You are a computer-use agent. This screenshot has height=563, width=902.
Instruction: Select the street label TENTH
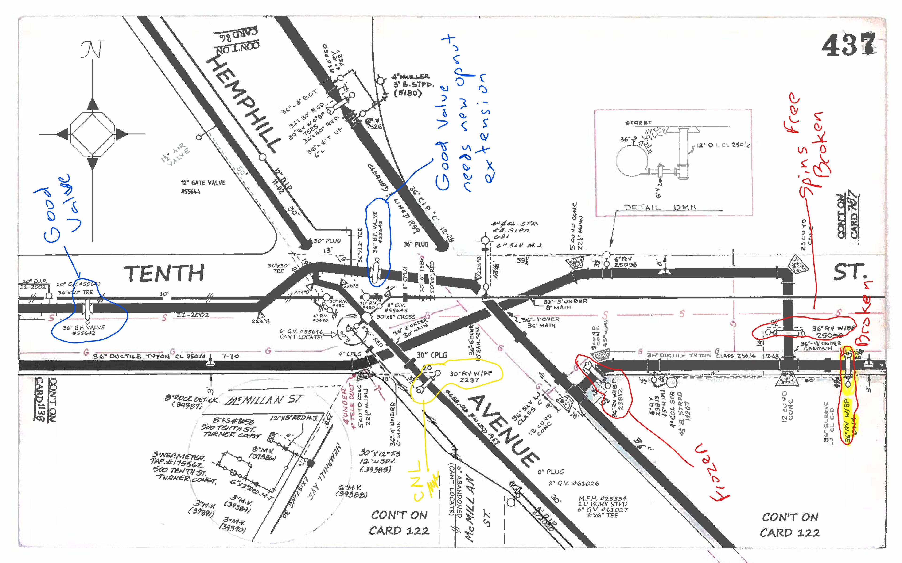(164, 273)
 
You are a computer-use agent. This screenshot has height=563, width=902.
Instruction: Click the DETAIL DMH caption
(660, 207)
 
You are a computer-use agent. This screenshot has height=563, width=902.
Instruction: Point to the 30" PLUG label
(327, 241)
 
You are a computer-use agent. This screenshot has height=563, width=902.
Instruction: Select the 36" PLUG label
(416, 244)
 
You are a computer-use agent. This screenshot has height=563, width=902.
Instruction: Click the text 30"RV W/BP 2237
(470, 377)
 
